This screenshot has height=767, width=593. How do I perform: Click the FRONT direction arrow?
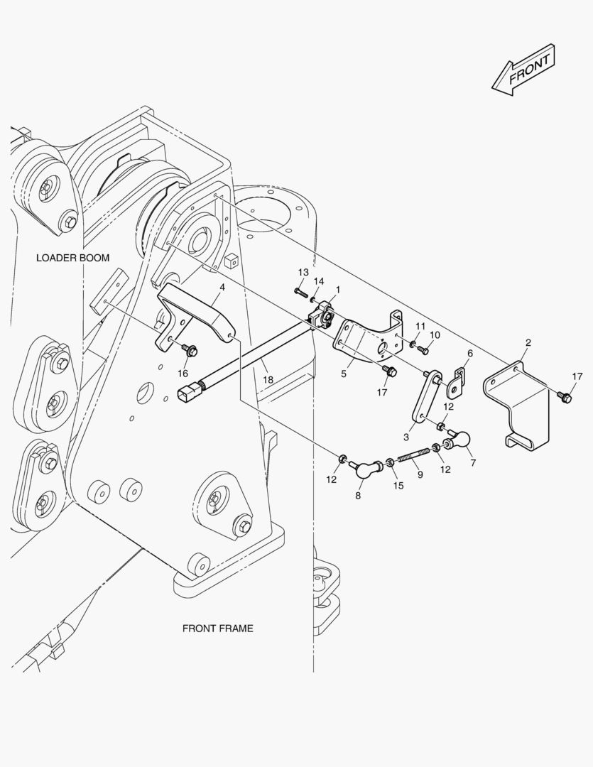(523, 70)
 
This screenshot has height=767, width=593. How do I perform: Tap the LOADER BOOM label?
(73, 257)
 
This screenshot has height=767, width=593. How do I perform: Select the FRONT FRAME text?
(217, 628)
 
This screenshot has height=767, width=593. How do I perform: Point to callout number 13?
(303, 273)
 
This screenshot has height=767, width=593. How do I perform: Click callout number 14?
(319, 281)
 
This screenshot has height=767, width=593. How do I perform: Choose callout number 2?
(528, 343)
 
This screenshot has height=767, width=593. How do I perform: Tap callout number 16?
(183, 373)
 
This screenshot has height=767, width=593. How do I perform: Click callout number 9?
(419, 474)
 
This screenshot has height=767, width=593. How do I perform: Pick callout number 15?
(398, 486)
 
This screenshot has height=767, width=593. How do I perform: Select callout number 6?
(469, 353)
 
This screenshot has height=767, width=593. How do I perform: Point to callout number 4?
(222, 287)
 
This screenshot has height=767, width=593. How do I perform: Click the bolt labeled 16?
(189, 350)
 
